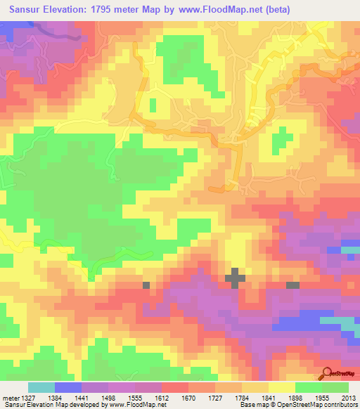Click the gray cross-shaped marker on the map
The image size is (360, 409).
(236, 278)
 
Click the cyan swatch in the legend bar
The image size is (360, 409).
(41, 387)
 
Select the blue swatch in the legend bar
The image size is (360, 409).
(68, 387)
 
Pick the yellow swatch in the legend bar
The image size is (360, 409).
(281, 387)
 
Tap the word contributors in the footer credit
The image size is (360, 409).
(338, 405)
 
